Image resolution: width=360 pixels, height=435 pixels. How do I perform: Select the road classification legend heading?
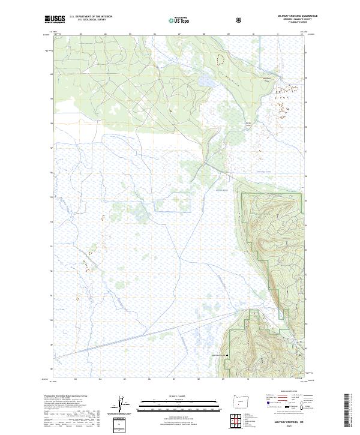pyautogui.click(x=282, y=395)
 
